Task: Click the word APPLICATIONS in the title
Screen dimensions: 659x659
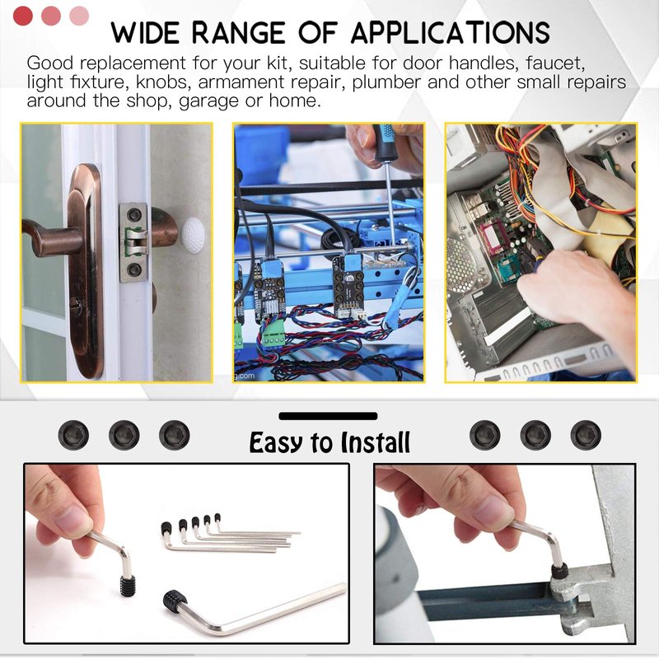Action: coord(450,32)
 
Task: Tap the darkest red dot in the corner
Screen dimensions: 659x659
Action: coord(23,16)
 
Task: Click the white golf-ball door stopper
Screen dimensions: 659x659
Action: coord(194,236)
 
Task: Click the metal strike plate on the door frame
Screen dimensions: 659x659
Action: coord(134,242)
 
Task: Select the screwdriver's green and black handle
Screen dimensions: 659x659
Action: coord(383,142)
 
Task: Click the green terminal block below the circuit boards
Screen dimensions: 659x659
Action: coord(273,333)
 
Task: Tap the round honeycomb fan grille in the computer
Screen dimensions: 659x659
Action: coord(460,264)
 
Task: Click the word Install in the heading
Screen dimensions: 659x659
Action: coord(376,442)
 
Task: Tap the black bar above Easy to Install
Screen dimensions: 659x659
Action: coord(328,416)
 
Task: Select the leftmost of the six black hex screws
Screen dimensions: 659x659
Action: coord(73,435)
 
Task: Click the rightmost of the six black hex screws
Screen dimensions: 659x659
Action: coord(586,435)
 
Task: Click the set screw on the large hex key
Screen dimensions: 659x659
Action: coord(175,599)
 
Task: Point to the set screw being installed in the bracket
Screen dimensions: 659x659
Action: coord(559,572)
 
